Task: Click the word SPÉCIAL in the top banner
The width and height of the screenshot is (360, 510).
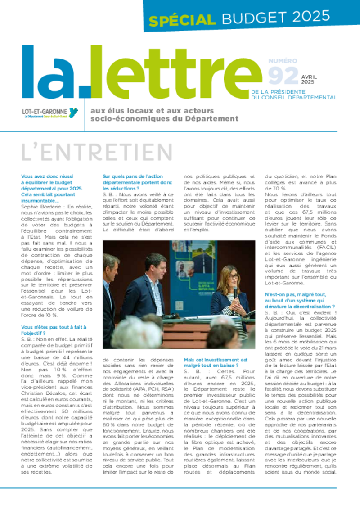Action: click(x=182, y=20)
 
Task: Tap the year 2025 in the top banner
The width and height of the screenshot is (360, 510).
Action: click(x=310, y=17)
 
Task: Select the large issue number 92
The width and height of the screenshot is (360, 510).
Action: click(x=283, y=75)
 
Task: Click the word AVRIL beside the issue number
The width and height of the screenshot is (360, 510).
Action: click(x=310, y=77)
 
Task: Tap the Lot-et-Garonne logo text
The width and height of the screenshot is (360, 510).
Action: click(x=45, y=111)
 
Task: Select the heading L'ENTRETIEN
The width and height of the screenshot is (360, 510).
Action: click(x=97, y=153)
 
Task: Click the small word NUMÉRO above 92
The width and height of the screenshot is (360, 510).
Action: click(x=283, y=61)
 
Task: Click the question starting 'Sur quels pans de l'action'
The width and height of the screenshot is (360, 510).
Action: click(x=137, y=182)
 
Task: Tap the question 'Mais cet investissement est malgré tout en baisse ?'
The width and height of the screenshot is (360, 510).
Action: click(x=216, y=363)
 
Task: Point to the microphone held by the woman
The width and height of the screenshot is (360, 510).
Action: click(x=235, y=291)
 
